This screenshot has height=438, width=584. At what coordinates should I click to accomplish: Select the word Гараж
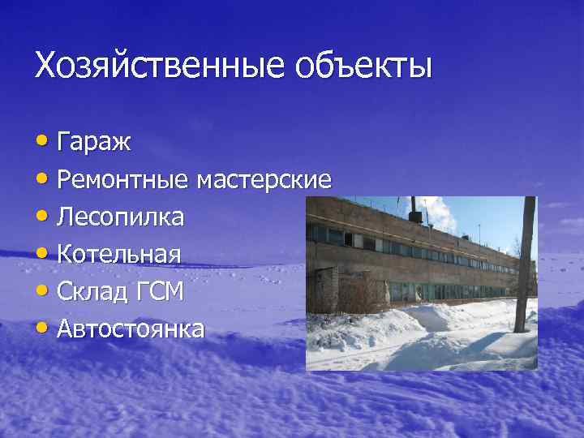coord(95,144)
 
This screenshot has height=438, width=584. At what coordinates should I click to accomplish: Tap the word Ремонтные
coord(122,180)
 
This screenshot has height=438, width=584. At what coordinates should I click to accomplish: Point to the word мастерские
coord(263,180)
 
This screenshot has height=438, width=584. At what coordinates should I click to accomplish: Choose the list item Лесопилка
coord(120,217)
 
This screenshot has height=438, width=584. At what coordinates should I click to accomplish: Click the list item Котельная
coord(118,254)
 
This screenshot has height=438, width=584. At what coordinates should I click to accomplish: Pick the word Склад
coord(90,291)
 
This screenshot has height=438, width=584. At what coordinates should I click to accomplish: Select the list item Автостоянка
coord(131,328)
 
